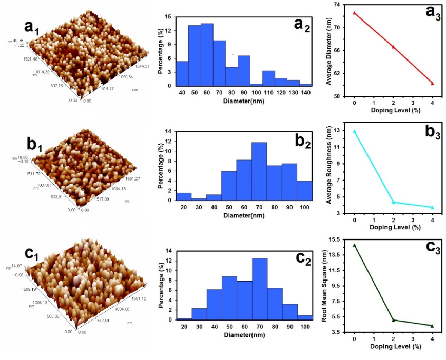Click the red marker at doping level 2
coord(393,47)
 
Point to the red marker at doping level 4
coord(432,83)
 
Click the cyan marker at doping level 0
coord(354,131)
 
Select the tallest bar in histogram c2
coord(260,289)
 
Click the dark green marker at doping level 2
coord(393,320)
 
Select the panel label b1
coord(34,146)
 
